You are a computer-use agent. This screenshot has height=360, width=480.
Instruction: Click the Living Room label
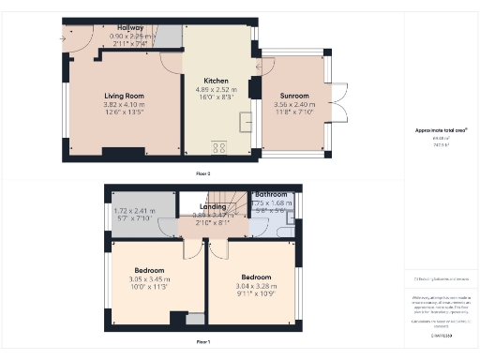click(x=123, y=95)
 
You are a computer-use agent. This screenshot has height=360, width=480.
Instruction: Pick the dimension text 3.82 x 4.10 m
click(x=123, y=104)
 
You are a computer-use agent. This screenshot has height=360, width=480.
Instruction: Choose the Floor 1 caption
click(x=202, y=343)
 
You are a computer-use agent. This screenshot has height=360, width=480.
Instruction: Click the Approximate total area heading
click(x=441, y=130)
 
